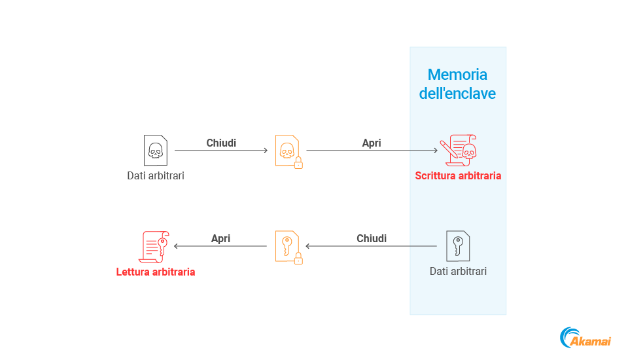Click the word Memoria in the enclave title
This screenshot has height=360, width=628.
(457, 75)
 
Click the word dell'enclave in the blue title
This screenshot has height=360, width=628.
(457, 94)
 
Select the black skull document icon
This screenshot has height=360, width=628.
(155, 150)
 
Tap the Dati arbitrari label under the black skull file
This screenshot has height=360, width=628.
(156, 175)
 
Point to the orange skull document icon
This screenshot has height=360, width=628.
(287, 150)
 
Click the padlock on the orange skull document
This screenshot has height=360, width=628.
(298, 162)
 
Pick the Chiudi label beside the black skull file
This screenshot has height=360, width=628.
(221, 143)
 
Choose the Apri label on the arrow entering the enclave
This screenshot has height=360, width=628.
(372, 143)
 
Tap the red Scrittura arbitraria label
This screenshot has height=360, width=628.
(458, 175)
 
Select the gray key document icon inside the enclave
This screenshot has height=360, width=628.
(458, 246)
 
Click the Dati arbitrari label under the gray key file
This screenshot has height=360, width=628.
(458, 271)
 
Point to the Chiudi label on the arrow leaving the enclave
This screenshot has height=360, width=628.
(372, 238)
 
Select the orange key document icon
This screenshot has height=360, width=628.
(287, 246)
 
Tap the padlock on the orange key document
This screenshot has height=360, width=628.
(298, 259)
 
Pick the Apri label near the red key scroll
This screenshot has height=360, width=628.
(221, 238)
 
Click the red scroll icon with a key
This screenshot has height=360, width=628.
(155, 246)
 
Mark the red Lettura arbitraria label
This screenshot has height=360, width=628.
(156, 272)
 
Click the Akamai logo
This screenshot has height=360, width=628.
(585, 338)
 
